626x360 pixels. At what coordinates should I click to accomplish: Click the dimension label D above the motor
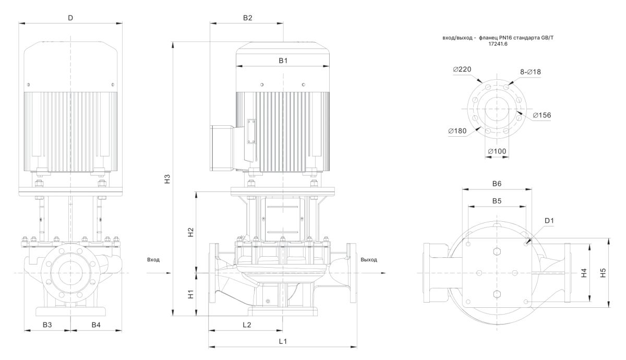(x=70, y=18)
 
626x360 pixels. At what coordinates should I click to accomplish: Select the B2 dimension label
(x=248, y=18)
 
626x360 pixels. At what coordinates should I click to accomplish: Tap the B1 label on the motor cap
(x=283, y=61)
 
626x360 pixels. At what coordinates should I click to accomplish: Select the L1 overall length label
(x=283, y=342)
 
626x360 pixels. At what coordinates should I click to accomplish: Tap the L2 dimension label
(x=247, y=325)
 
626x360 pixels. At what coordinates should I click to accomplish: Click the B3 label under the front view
(x=47, y=325)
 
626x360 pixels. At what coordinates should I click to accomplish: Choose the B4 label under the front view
(x=96, y=325)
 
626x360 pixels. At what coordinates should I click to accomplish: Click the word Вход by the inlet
(x=153, y=259)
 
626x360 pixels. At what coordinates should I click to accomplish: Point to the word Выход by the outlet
(x=368, y=259)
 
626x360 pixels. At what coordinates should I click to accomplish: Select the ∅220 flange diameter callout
(x=462, y=69)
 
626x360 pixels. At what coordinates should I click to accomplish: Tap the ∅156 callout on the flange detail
(x=542, y=115)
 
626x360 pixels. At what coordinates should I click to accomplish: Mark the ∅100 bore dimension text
(x=497, y=151)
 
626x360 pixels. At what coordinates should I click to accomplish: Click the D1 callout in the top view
(x=549, y=221)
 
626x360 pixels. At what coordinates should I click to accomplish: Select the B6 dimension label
(x=497, y=184)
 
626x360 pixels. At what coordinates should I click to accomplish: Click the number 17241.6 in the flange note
(x=498, y=44)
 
